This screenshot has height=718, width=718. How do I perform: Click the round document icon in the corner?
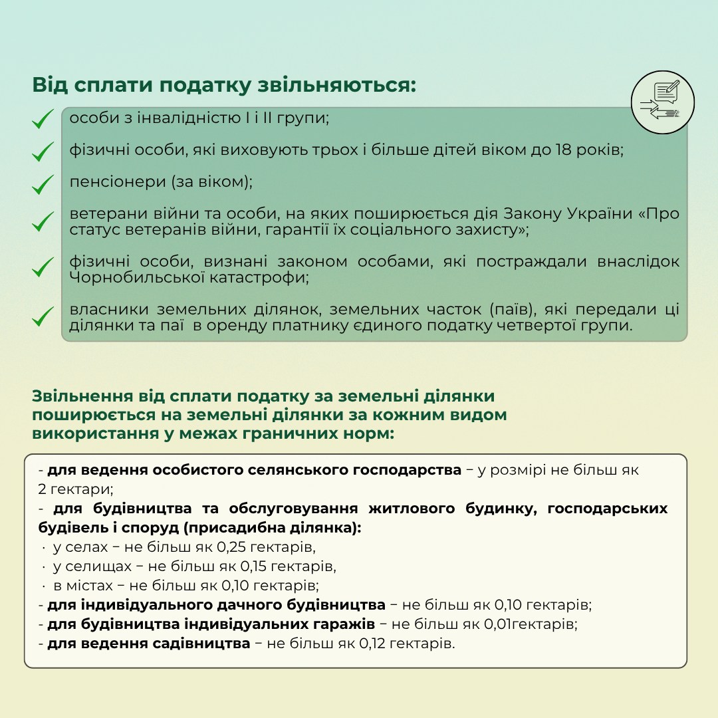pos(662,102)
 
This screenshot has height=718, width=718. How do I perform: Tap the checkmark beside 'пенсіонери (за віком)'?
pos(43,183)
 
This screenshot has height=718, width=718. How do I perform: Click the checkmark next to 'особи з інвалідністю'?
pos(43,120)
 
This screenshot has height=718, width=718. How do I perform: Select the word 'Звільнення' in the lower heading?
pos(80,396)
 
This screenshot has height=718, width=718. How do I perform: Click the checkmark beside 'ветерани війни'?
pos(43,221)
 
